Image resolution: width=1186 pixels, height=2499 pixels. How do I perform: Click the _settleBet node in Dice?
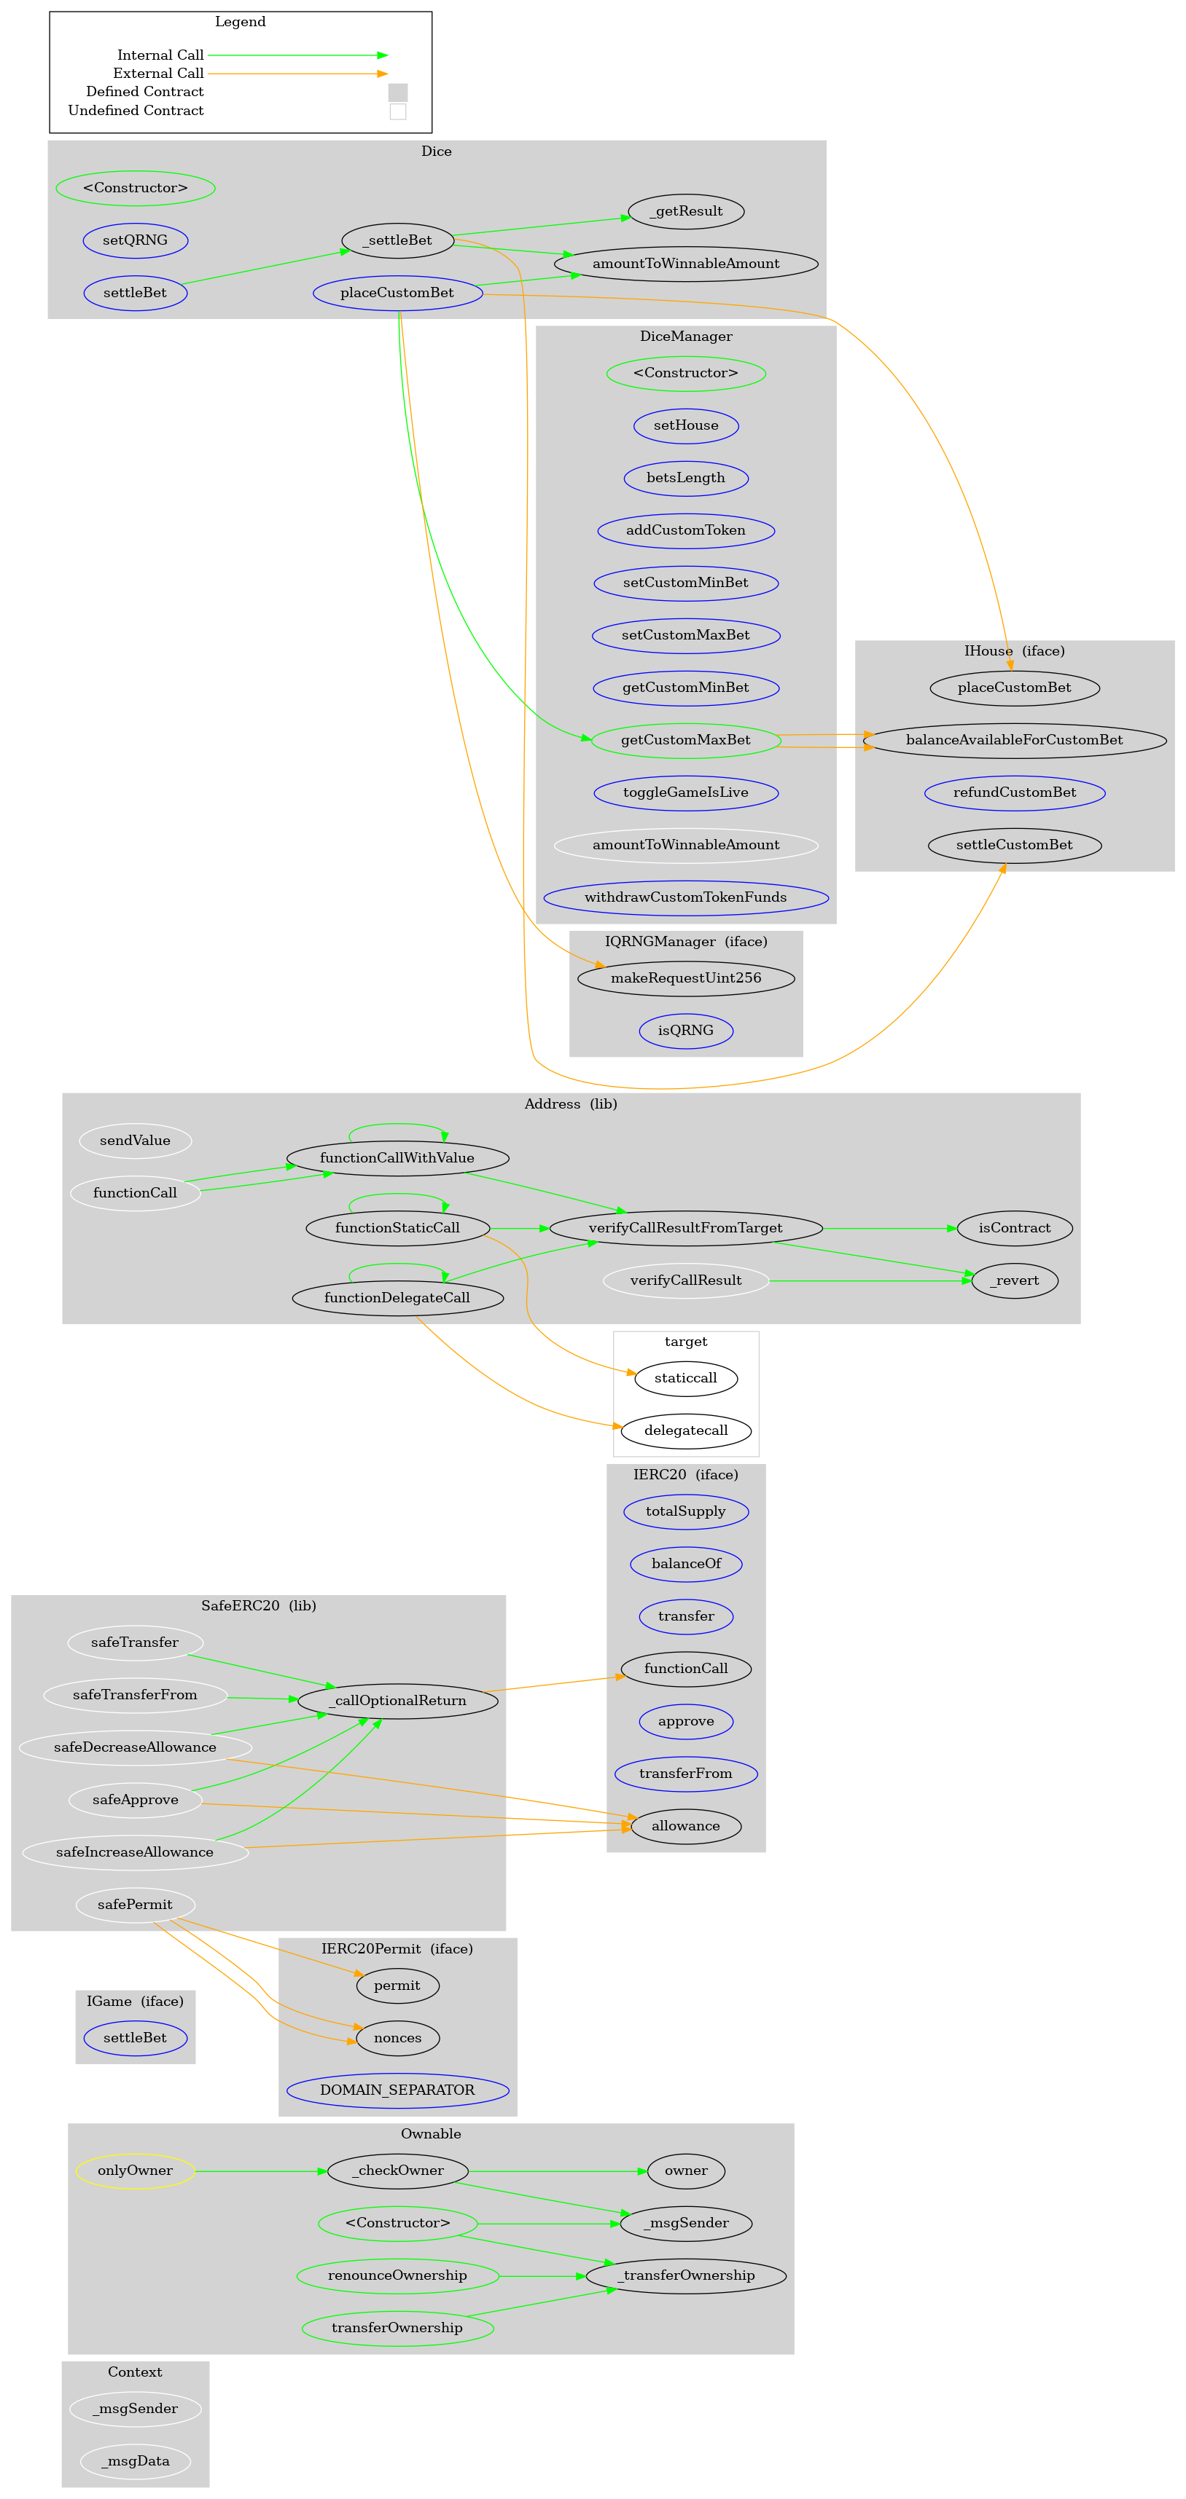pyautogui.click(x=397, y=240)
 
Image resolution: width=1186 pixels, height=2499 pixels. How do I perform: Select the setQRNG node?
pyautogui.click(x=135, y=240)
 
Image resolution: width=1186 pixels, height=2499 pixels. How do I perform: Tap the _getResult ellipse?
pyautogui.click(x=686, y=211)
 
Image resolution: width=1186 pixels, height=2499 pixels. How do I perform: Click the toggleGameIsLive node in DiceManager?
pyautogui.click(x=685, y=792)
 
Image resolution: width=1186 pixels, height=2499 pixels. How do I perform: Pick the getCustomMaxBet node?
pyautogui.click(x=685, y=740)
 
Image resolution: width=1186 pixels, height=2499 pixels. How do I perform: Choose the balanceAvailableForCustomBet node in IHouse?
pyautogui.click(x=1013, y=740)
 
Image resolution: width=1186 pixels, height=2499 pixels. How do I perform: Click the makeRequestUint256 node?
pyautogui.click(x=685, y=978)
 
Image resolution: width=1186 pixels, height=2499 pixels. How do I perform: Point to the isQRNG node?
pyautogui.click(x=685, y=1030)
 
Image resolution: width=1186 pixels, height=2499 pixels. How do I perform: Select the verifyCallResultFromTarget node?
pyautogui.click(x=685, y=1228)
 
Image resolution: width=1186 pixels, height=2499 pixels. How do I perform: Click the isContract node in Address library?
pyautogui.click(x=1013, y=1228)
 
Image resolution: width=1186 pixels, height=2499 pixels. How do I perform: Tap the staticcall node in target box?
pyautogui.click(x=685, y=1379)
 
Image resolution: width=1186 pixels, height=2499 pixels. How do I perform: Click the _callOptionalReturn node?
pyautogui.click(x=397, y=1701)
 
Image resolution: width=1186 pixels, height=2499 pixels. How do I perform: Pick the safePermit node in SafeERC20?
pyautogui.click(x=135, y=1905)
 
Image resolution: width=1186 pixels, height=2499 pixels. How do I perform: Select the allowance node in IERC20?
pyautogui.click(x=685, y=1826)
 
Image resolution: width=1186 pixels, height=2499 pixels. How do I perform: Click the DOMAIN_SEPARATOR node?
pyautogui.click(x=397, y=2090)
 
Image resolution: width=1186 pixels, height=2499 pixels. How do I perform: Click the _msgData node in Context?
pyautogui.click(x=135, y=2461)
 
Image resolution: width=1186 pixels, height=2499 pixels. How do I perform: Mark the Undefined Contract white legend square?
pyautogui.click(x=397, y=111)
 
